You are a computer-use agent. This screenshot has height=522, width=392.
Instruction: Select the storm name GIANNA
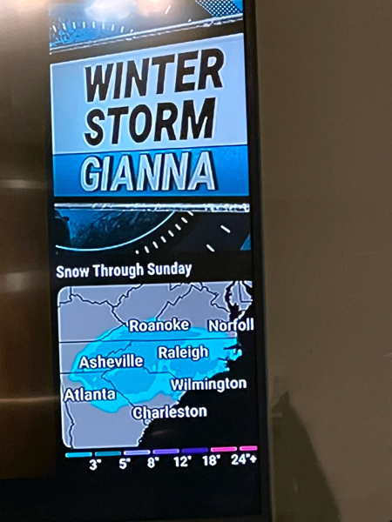[x=148, y=173]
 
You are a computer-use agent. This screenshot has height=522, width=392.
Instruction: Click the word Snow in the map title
[x=72, y=271]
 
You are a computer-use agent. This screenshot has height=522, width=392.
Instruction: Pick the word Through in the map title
[x=118, y=270]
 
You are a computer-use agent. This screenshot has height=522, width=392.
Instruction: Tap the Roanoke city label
[x=159, y=325]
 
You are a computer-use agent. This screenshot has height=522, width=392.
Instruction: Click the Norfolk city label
[x=231, y=325]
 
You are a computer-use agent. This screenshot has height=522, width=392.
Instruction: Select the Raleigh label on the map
[x=183, y=352]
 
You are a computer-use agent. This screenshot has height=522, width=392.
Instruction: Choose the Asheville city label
[x=111, y=361]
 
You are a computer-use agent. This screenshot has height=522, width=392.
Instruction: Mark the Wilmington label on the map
[x=208, y=384]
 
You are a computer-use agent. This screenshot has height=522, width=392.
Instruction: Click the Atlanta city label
[x=90, y=395]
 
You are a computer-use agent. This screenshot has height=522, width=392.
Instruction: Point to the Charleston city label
[x=169, y=412]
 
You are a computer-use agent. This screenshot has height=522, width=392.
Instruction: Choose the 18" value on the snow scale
[x=211, y=462]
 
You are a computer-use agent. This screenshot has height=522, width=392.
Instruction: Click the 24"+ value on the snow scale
[x=244, y=461]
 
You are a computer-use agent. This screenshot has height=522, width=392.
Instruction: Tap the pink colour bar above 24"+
[x=247, y=449]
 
